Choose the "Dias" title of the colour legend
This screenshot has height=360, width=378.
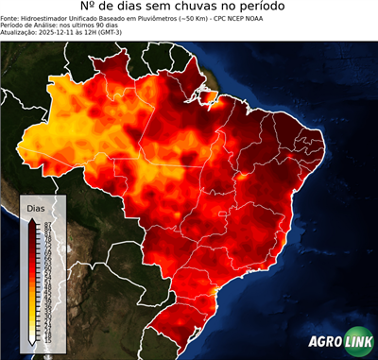[36, 207]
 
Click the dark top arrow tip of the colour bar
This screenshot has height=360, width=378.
[33, 219]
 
